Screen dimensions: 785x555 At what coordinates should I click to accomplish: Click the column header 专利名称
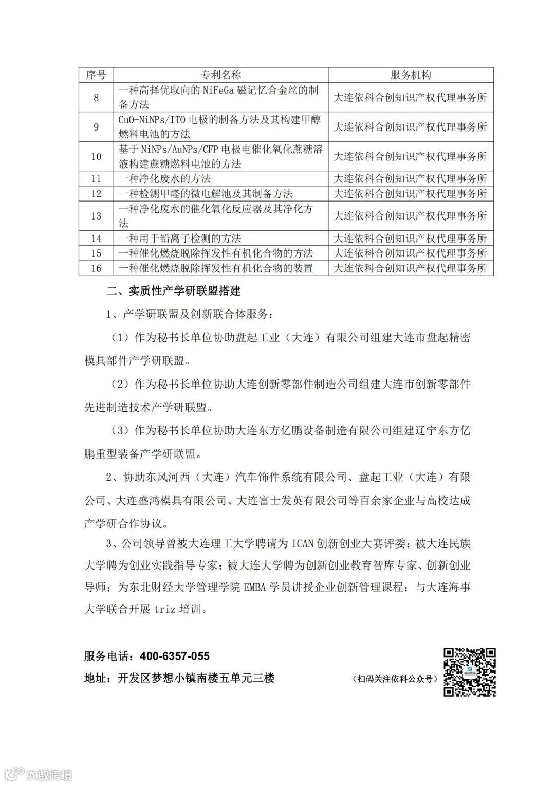[x=220, y=75]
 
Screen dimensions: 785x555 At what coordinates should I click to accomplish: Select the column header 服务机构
[x=411, y=75]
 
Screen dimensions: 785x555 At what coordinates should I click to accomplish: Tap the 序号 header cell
[x=96, y=75]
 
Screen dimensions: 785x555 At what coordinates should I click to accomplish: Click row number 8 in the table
[x=96, y=97]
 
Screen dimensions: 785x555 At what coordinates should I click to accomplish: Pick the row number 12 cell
[x=96, y=194]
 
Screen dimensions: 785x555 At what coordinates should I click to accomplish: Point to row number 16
[x=96, y=268]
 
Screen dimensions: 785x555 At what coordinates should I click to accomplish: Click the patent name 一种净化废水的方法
[x=165, y=179]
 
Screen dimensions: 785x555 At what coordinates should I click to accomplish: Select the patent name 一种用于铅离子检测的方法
[x=180, y=239]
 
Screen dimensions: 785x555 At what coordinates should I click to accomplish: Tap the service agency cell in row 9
[x=411, y=127]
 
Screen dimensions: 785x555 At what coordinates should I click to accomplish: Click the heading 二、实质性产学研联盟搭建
[x=174, y=291]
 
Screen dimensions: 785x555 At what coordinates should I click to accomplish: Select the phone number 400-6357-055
[x=175, y=656]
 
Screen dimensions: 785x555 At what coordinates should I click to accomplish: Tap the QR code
[x=470, y=671]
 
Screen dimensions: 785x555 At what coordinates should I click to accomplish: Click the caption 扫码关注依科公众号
[x=395, y=679]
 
